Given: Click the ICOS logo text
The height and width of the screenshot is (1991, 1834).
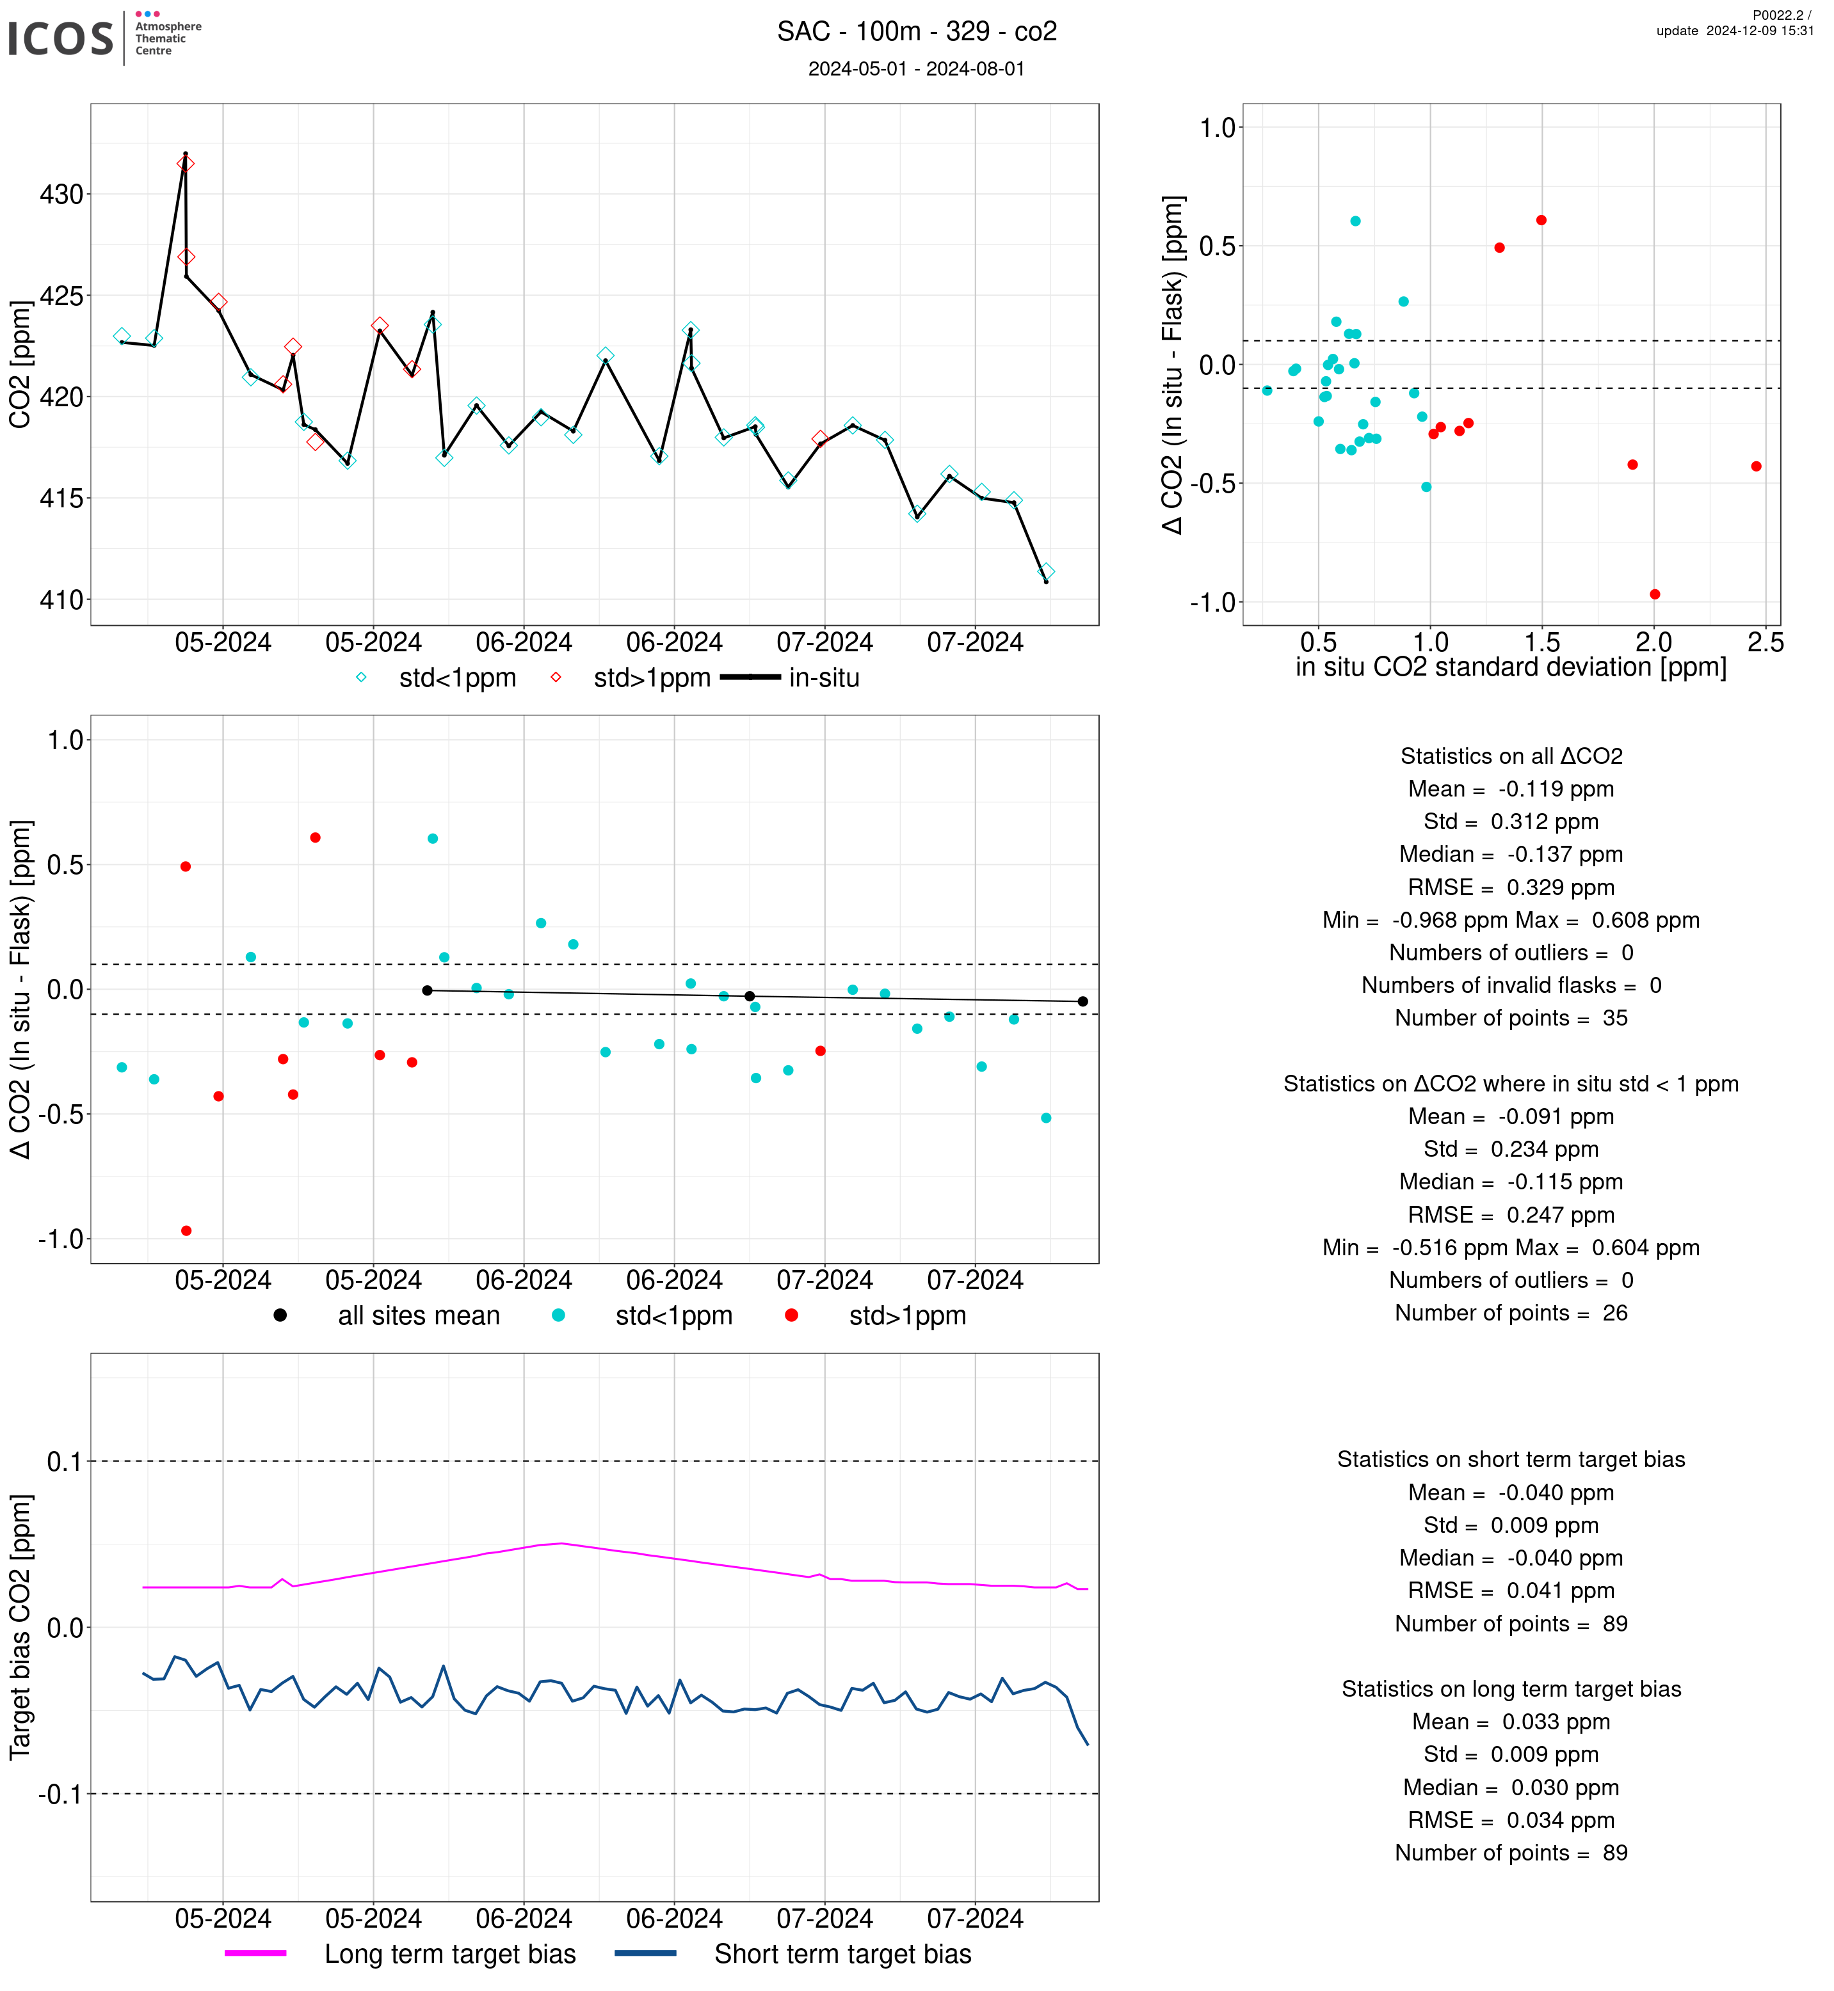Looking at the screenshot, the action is tap(61, 38).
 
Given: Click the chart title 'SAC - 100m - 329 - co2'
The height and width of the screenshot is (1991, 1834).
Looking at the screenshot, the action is tap(916, 32).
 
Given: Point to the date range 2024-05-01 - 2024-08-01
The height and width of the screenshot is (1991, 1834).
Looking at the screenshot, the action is tap(916, 68).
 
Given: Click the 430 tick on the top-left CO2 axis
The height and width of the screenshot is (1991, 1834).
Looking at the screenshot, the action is tap(61, 194).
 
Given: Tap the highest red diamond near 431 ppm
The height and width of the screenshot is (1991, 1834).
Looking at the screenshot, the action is tap(186, 164).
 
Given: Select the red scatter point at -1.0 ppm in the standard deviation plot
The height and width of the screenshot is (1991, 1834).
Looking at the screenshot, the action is tap(1654, 594).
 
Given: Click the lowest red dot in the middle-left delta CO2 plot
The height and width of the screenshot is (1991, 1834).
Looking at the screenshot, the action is tap(186, 1230).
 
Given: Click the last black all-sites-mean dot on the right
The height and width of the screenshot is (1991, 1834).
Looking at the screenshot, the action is tap(1082, 1001).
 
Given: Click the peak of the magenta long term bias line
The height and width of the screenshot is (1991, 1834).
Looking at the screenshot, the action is tap(561, 1543).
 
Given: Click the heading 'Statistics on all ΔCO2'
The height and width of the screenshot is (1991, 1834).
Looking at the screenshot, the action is tap(1511, 756).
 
